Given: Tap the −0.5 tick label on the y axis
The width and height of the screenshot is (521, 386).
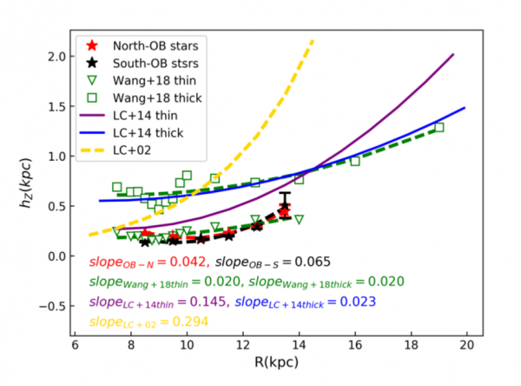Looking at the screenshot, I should click(52, 305).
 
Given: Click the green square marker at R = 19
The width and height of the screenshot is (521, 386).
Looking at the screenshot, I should click(439, 128).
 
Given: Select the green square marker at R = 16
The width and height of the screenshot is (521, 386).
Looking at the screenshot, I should click(354, 161).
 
